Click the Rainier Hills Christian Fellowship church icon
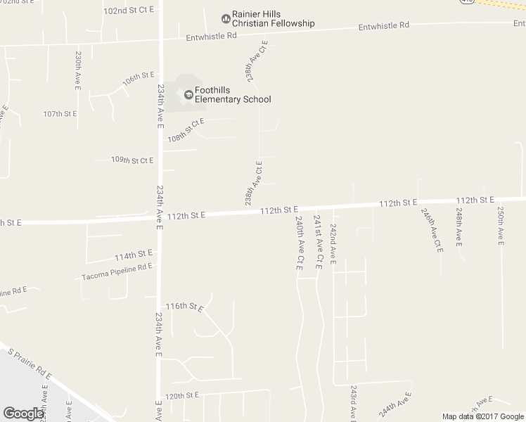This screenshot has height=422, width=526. click(x=226, y=18)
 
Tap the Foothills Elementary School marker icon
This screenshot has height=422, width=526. click(x=188, y=94)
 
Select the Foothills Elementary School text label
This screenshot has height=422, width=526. click(x=233, y=94)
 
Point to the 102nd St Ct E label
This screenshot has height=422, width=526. click(x=128, y=11)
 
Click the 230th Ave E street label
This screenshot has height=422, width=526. click(x=78, y=70)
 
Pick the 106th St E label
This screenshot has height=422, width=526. click(x=137, y=78)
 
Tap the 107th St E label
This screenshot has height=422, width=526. click(x=63, y=113)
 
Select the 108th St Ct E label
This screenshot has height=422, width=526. click(x=186, y=129)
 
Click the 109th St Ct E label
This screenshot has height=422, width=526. click(x=132, y=160)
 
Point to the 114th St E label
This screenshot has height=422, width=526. click(x=134, y=254)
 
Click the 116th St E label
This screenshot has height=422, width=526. click(x=184, y=307)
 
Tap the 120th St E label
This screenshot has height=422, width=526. click(x=183, y=395)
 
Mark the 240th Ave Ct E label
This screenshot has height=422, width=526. click(x=299, y=243)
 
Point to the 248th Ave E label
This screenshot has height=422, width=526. click(x=458, y=226)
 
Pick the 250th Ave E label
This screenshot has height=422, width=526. click(x=501, y=226)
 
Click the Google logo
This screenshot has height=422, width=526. click(x=23, y=413)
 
